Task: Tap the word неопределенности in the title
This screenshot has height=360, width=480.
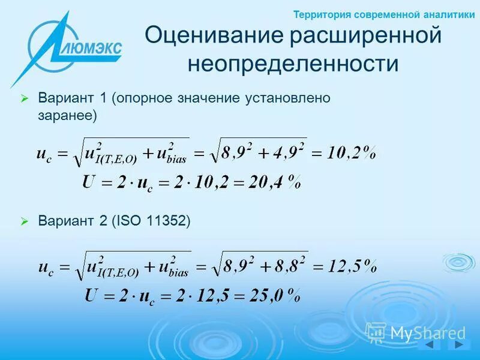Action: click(293, 63)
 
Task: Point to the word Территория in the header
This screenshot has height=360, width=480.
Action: click(321, 15)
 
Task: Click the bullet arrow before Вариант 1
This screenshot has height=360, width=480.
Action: click(25, 98)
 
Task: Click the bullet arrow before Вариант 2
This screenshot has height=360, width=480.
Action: click(25, 222)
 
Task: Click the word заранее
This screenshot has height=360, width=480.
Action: click(65, 115)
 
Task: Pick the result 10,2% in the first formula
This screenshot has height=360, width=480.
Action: click(352, 153)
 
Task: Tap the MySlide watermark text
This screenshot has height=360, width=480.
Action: click(427, 333)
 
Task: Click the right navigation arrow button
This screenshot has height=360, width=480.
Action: click(459, 346)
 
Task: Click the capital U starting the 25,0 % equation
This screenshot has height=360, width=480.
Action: click(91, 295)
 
